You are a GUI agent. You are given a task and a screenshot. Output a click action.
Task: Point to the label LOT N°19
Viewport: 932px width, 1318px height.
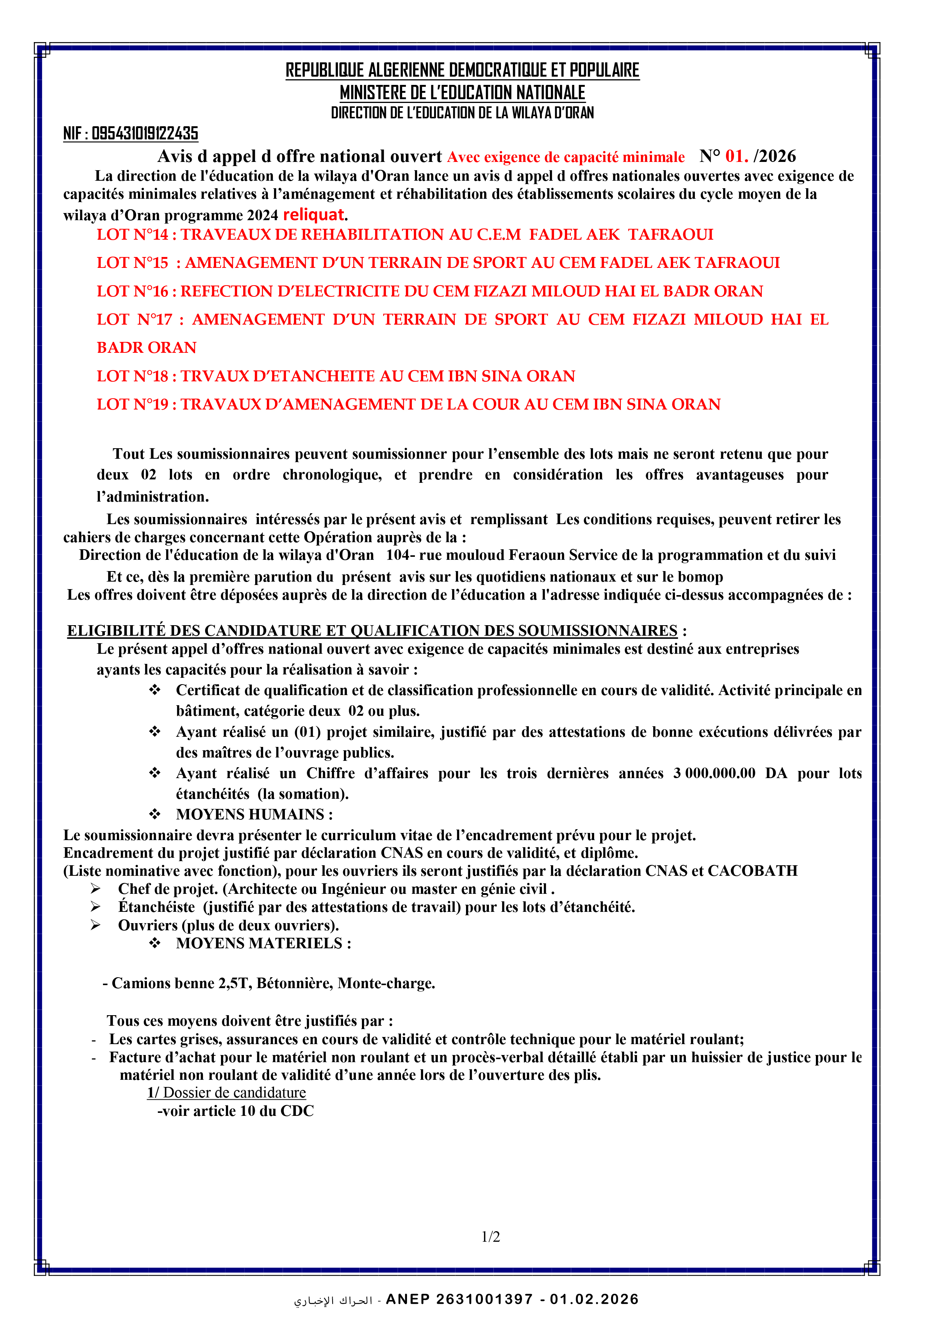coord(133,405)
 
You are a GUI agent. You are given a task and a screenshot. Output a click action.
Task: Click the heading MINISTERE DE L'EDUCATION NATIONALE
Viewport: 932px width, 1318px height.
coord(462,92)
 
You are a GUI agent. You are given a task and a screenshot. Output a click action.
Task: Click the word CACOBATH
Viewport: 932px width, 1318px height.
coord(752,871)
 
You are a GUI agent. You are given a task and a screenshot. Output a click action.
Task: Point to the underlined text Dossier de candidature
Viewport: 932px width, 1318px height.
coord(234,1093)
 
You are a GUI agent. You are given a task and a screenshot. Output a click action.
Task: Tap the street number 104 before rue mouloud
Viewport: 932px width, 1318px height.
coord(398,555)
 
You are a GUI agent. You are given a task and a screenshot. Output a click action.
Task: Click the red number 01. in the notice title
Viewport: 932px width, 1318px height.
coord(736,156)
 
